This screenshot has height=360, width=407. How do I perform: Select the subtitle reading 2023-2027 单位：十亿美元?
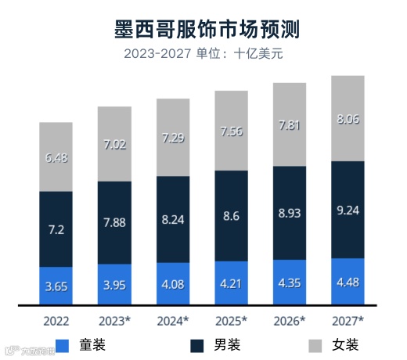[204, 55]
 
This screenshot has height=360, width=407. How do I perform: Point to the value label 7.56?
[232, 131]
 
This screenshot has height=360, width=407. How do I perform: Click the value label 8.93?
[290, 213]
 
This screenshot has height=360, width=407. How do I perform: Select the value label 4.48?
[348, 282]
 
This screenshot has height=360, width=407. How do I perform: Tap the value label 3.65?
[56, 286]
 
